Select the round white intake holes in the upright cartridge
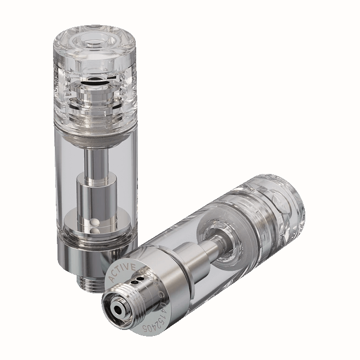point(94,225)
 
